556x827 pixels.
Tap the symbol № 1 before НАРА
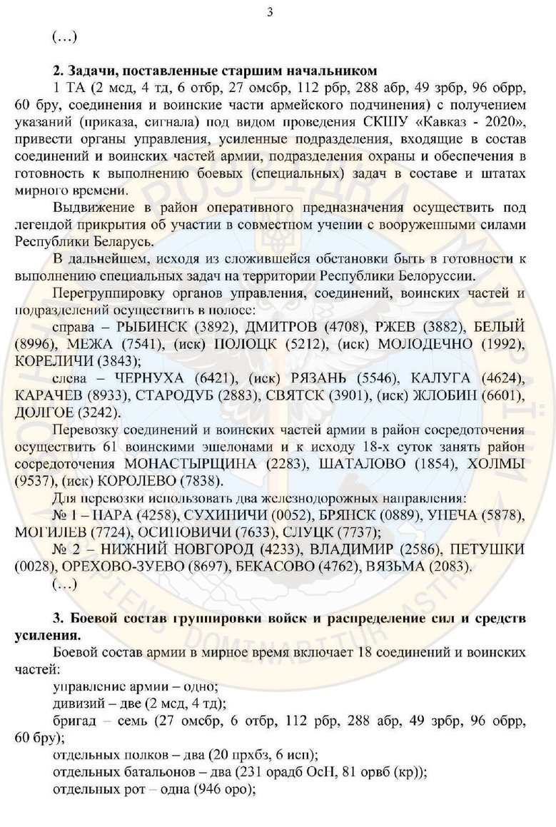(x=64, y=514)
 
